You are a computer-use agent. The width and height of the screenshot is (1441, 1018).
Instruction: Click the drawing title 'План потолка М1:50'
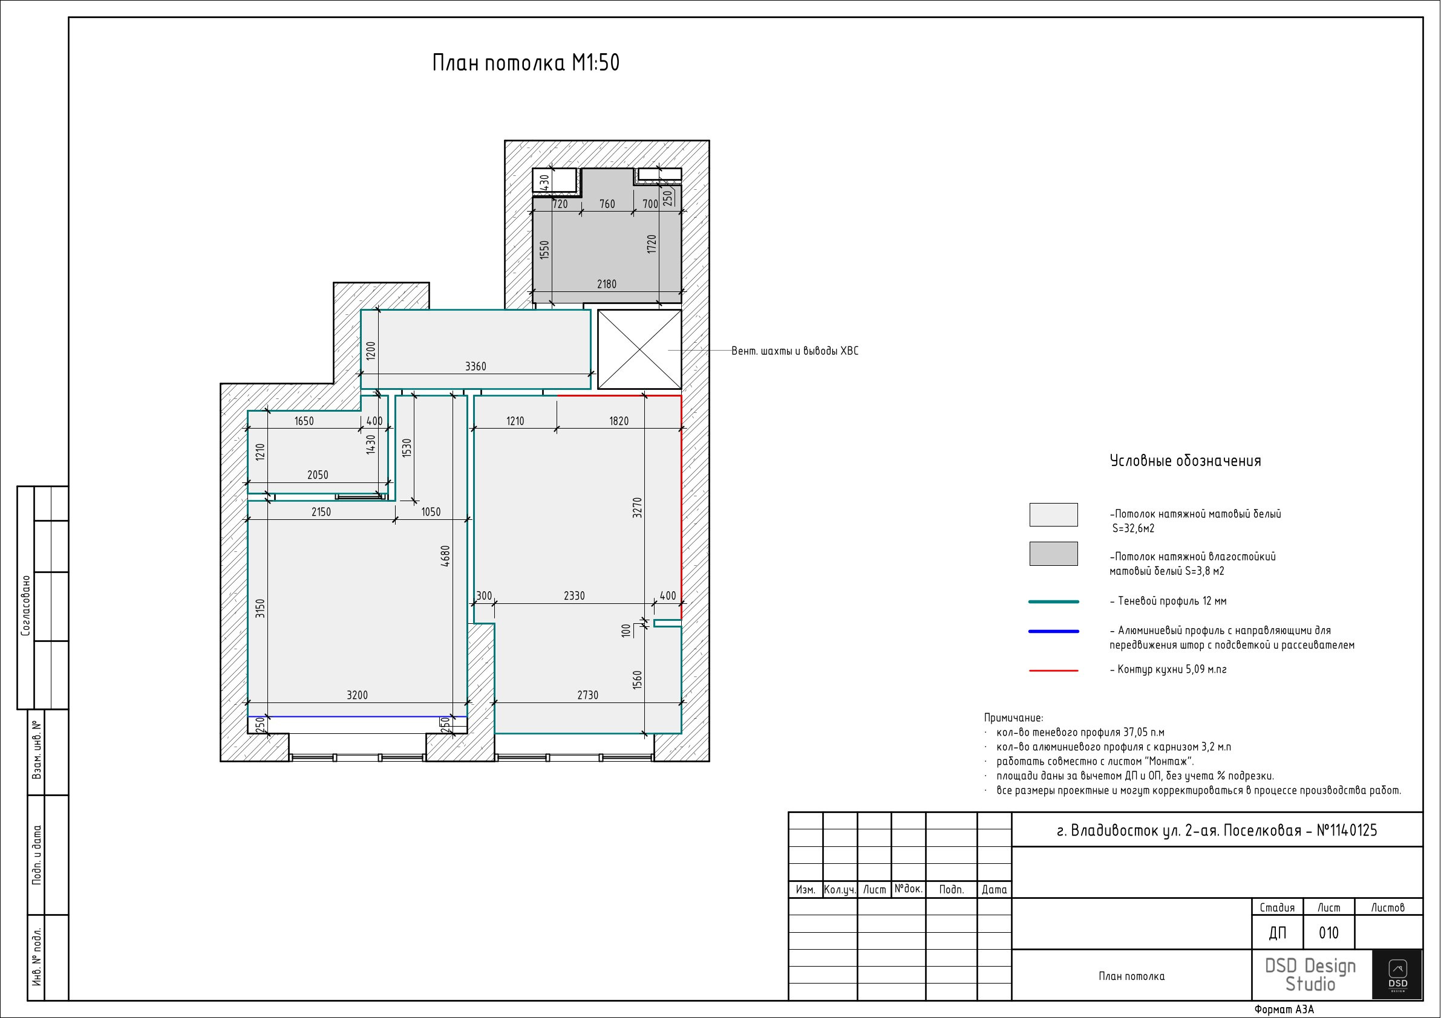point(526,63)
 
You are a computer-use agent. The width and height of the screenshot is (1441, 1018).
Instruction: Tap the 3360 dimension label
point(475,366)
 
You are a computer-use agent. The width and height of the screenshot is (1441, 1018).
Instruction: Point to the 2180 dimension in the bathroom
point(606,284)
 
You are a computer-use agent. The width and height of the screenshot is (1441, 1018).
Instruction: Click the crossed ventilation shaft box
point(639,349)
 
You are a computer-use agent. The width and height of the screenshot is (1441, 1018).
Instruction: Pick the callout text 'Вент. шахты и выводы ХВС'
point(794,351)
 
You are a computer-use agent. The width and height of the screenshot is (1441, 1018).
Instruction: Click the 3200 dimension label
point(357,695)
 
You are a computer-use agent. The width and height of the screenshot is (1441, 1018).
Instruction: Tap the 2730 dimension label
point(587,695)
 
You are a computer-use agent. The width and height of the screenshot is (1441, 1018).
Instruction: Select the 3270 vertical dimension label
point(638,507)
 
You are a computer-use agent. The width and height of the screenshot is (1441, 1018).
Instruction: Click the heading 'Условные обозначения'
point(1186,461)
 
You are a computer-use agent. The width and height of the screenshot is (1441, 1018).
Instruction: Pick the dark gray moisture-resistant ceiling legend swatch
point(1053,554)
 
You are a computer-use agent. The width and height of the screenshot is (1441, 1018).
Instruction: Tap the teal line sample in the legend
point(1054,601)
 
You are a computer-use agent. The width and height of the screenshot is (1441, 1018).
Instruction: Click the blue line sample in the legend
point(1054,632)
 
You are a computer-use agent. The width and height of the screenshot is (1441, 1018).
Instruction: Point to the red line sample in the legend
point(1054,670)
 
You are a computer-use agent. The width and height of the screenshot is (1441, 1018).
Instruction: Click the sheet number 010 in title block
point(1328,933)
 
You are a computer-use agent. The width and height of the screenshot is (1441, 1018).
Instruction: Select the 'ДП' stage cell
point(1277,933)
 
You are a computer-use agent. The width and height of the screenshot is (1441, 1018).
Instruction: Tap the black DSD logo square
point(1397,974)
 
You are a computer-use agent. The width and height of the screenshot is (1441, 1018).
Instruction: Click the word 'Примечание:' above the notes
point(1013,718)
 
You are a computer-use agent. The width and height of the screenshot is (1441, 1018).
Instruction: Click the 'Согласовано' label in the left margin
point(26,606)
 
